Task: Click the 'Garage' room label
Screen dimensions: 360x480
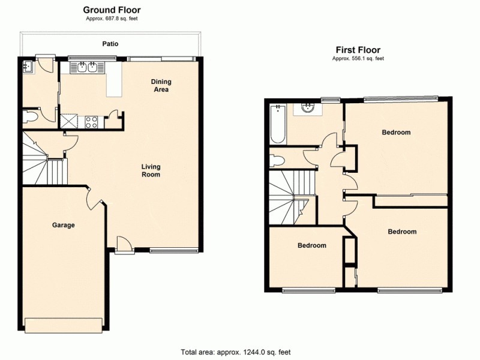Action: tap(63, 226)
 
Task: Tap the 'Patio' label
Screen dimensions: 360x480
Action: tap(110, 44)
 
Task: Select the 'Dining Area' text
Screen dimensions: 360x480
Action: tap(160, 86)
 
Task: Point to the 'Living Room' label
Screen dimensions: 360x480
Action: tap(151, 170)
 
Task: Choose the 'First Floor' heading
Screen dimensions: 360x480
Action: tap(358, 50)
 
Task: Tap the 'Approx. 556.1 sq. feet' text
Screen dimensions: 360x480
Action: tap(358, 59)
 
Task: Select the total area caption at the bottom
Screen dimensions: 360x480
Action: tap(235, 352)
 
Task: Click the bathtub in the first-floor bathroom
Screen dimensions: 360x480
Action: tap(277, 124)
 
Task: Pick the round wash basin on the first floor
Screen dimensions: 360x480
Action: tap(307, 109)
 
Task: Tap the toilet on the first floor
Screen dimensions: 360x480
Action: tap(277, 160)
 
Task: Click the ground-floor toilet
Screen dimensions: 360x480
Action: tap(30, 117)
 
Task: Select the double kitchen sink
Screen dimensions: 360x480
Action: tap(87, 67)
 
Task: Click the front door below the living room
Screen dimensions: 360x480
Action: tap(124, 245)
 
